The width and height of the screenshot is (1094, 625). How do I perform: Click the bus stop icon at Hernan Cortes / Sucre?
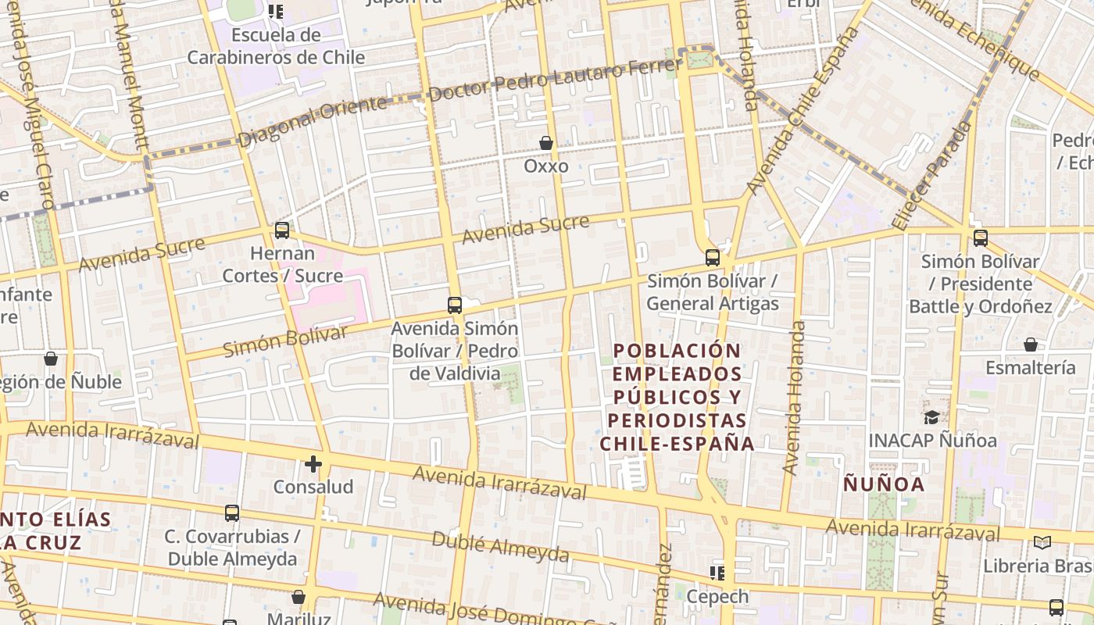pos(282,230)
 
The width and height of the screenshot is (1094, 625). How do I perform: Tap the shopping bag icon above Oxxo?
pos(546,143)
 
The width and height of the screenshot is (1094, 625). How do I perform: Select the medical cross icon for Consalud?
pos(313,464)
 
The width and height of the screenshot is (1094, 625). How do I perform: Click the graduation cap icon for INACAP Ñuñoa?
pos(931,417)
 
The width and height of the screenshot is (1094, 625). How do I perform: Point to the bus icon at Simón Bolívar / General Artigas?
pos(713,257)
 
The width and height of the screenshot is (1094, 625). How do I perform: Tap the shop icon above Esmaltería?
pos(1031,345)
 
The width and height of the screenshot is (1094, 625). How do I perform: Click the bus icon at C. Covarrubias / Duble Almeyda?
pos(232,513)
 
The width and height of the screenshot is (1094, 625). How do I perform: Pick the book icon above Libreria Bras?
pos(1042,542)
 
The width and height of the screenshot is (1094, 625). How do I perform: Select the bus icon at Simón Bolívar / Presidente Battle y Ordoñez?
pos(980,238)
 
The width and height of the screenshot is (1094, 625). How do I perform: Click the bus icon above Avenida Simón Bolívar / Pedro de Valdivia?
pos(455,305)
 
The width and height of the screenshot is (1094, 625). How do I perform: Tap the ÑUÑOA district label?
pos(884,484)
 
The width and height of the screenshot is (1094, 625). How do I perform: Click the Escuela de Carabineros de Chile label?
pos(276,46)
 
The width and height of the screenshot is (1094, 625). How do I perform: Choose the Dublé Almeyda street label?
pos(500,547)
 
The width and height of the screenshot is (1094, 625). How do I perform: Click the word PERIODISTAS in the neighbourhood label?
pos(677,420)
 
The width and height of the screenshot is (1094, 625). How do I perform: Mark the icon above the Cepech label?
pos(717,573)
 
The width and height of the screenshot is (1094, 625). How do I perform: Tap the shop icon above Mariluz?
pos(299,597)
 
